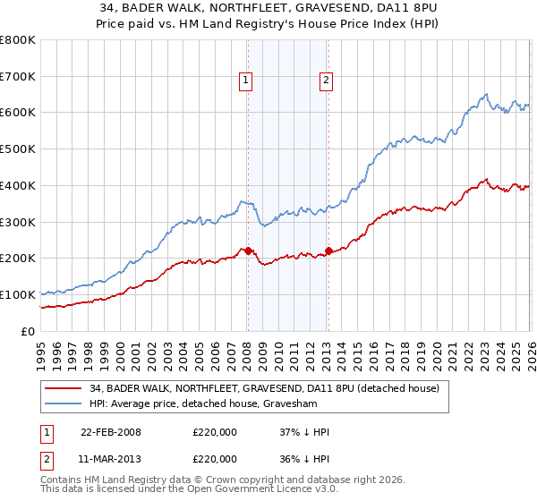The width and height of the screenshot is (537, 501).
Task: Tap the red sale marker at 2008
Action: pyautogui.click(x=248, y=250)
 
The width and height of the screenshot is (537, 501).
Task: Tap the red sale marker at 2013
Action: pyautogui.click(x=328, y=250)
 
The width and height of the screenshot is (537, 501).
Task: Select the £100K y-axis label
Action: pyautogui.click(x=19, y=294)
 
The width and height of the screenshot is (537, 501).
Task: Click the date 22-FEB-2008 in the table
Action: pyautogui.click(x=110, y=432)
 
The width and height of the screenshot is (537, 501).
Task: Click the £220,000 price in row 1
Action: pyautogui.click(x=215, y=432)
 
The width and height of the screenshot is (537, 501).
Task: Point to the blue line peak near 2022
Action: pyautogui.click(x=484, y=94)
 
